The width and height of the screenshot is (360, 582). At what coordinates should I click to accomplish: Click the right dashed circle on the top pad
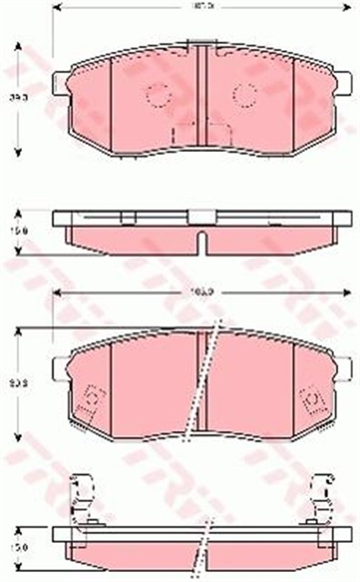244,93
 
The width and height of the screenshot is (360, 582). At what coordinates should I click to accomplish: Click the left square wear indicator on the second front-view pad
91,401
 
